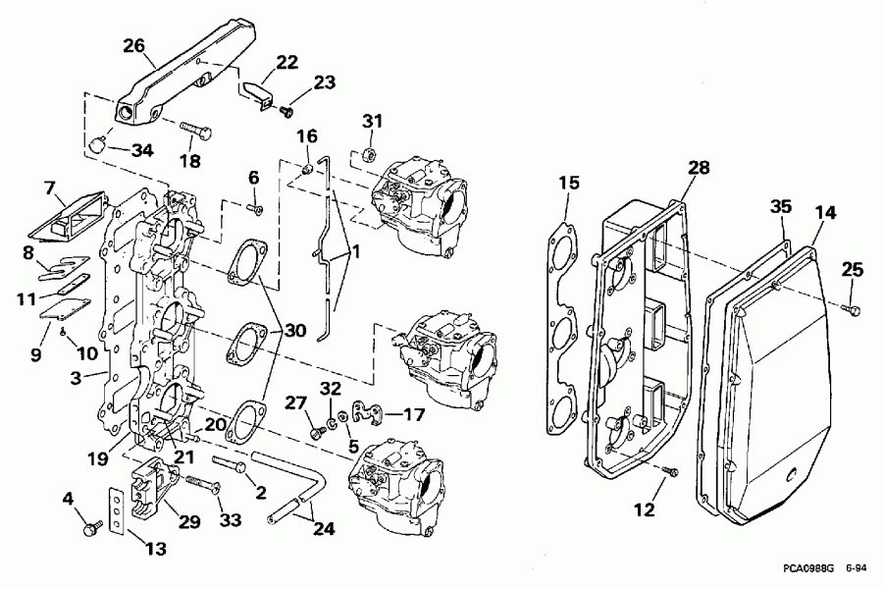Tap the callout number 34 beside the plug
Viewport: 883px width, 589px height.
click(x=143, y=150)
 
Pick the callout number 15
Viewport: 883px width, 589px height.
click(x=570, y=184)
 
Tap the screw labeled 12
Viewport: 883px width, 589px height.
click(x=670, y=473)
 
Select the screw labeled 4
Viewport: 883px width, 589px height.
click(x=93, y=528)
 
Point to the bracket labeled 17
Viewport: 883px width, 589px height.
click(x=365, y=412)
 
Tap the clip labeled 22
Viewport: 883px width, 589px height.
click(x=256, y=94)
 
